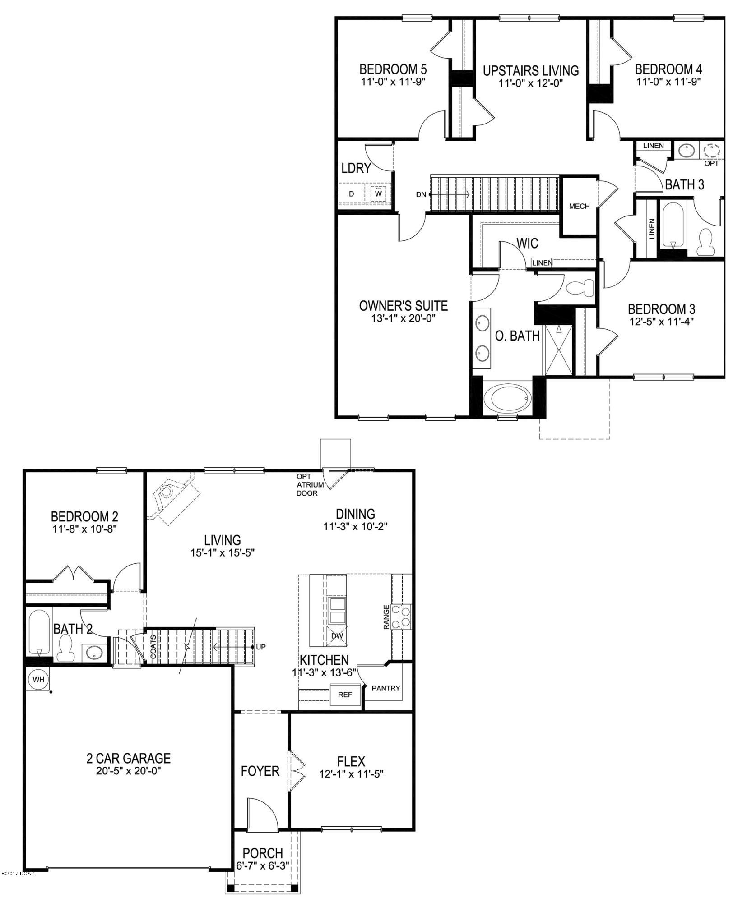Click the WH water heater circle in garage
(38, 679)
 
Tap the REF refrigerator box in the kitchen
(345, 695)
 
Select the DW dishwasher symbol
(337, 636)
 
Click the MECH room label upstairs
(579, 206)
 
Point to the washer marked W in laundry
(379, 194)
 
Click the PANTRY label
(386, 688)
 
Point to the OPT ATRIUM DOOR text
(310, 485)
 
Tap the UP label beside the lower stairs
(261, 647)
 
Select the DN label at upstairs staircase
(421, 194)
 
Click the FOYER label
(260, 771)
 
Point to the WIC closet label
(527, 244)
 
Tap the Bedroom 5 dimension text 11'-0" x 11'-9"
(393, 82)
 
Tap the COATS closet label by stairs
(153, 647)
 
